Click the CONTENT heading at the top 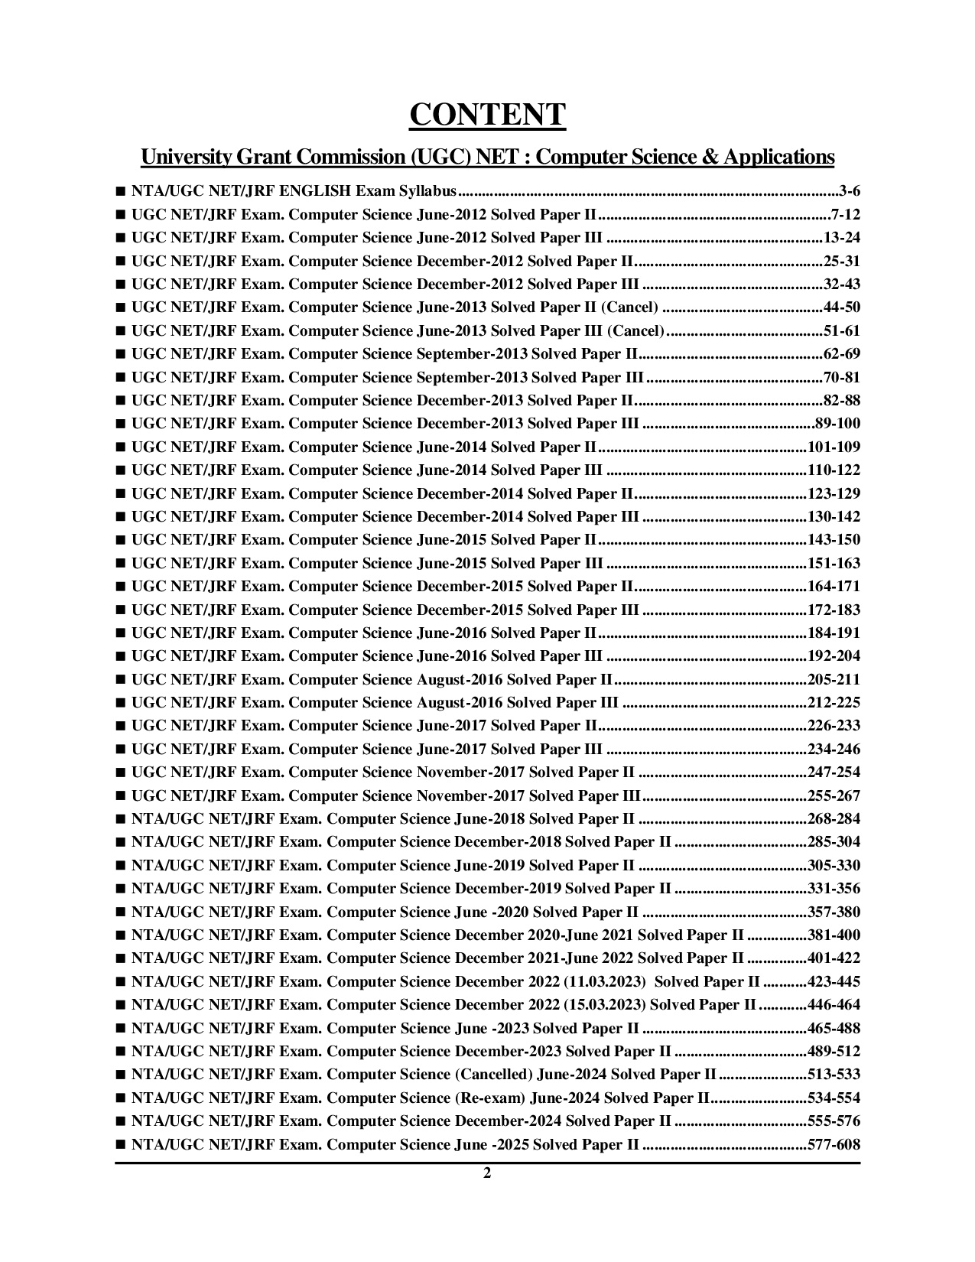pos(487,115)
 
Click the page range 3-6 pos(849,191)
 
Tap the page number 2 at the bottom pos(487,1174)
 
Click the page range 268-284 pos(834,819)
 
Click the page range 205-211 pos(834,680)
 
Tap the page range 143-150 pos(834,540)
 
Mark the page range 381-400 pos(834,935)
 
